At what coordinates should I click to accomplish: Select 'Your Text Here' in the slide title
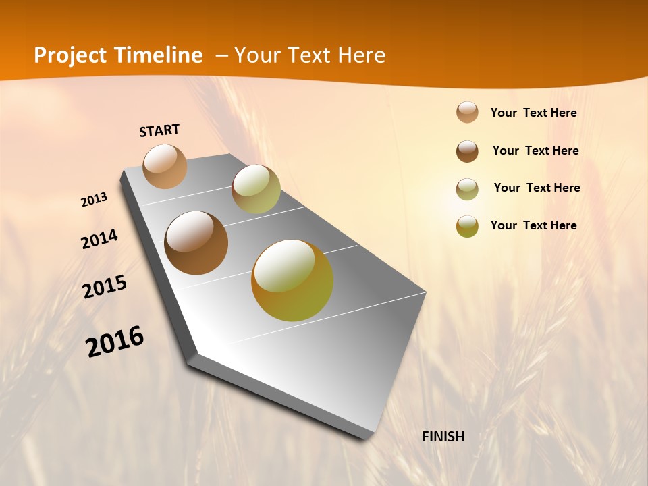pyautogui.click(x=310, y=55)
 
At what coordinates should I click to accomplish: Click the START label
pyautogui.click(x=159, y=130)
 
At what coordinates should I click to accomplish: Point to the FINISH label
pyautogui.click(x=443, y=437)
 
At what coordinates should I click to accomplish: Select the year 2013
pyautogui.click(x=94, y=200)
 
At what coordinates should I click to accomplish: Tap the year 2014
pyautogui.click(x=99, y=240)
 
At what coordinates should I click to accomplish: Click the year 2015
pyautogui.click(x=105, y=287)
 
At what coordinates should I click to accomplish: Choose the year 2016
pyautogui.click(x=115, y=342)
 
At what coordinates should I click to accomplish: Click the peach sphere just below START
pyautogui.click(x=165, y=166)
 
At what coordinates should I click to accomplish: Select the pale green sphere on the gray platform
pyautogui.click(x=256, y=189)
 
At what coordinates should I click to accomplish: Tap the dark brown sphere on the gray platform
pyautogui.click(x=196, y=243)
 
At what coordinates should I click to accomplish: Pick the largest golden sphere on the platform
pyautogui.click(x=292, y=280)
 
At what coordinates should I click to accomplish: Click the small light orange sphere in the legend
pyautogui.click(x=467, y=113)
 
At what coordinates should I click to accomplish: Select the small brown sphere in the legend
pyautogui.click(x=467, y=151)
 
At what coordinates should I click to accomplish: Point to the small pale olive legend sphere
pyautogui.click(x=467, y=189)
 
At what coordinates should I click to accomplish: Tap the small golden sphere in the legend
pyautogui.click(x=467, y=226)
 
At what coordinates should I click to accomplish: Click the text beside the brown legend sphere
pyautogui.click(x=535, y=151)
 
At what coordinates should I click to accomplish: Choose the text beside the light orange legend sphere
pyautogui.click(x=533, y=113)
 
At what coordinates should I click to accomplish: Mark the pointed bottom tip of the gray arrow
pyautogui.click(x=368, y=439)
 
